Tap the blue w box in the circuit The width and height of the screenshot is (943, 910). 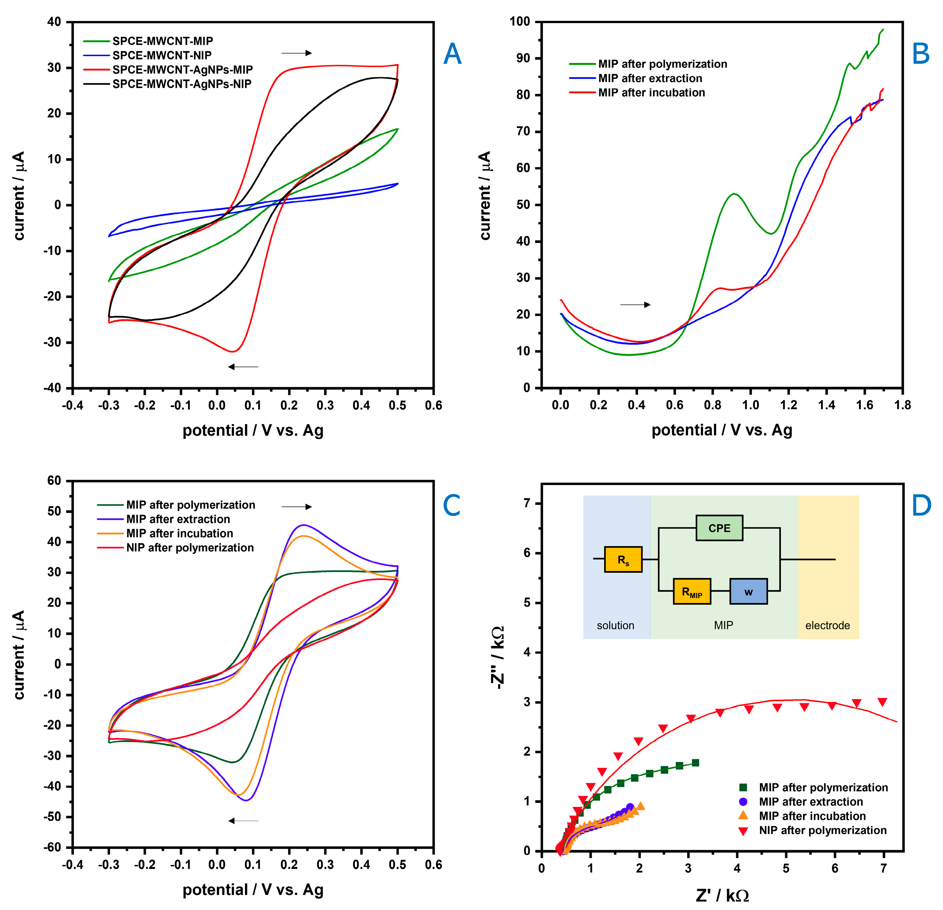point(748,591)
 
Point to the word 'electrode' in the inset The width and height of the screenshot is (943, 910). point(827,626)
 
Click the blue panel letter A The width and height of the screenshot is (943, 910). point(452,54)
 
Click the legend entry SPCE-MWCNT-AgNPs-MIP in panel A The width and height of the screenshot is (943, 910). point(182,70)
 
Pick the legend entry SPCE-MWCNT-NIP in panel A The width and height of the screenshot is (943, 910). point(162,55)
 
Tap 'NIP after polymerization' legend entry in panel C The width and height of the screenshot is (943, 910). point(190,548)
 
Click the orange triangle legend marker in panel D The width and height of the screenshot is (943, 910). point(743,816)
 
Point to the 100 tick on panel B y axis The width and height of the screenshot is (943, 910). point(520,22)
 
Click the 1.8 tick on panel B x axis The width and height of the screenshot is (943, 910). point(903,405)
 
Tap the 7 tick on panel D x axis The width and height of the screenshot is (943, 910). point(883,869)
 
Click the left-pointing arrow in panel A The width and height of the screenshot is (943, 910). point(243,367)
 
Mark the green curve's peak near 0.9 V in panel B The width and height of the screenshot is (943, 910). point(734,194)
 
